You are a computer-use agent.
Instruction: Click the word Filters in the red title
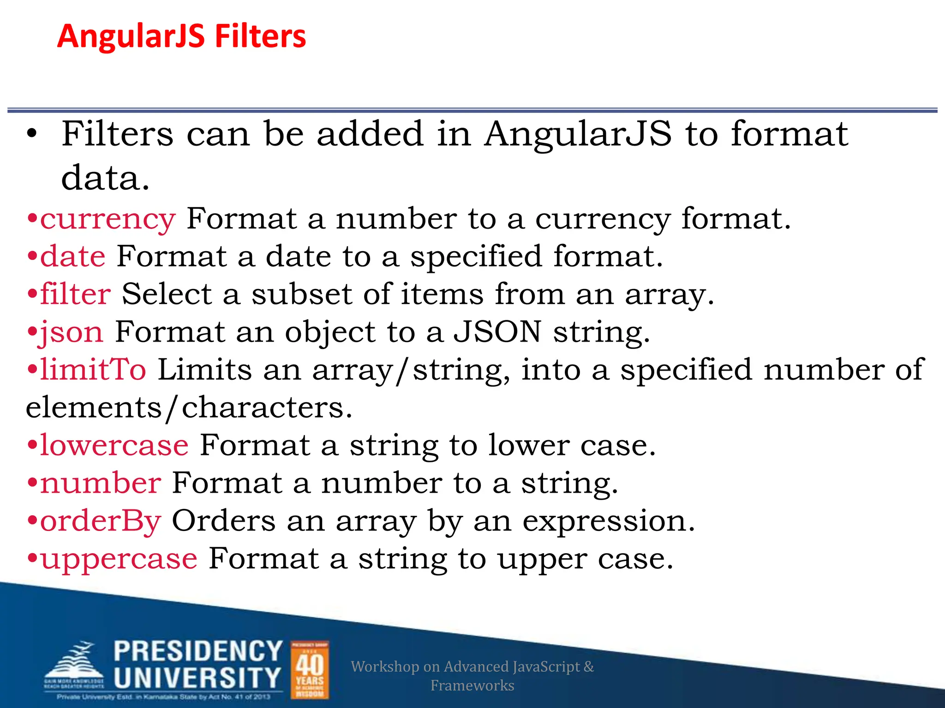click(260, 36)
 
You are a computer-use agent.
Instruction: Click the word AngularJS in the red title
click(131, 36)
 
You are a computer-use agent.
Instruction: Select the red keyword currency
click(108, 219)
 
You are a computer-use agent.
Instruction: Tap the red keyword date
click(73, 256)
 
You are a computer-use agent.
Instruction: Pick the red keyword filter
click(76, 294)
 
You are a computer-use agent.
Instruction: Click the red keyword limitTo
click(93, 370)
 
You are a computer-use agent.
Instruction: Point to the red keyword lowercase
click(114, 445)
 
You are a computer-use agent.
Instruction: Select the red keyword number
click(101, 483)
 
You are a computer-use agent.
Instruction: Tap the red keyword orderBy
click(101, 521)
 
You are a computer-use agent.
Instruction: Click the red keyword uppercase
click(119, 559)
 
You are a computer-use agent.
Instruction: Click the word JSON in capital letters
click(497, 332)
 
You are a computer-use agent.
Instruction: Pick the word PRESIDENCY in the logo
click(198, 651)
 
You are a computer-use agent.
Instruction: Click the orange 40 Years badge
click(310, 670)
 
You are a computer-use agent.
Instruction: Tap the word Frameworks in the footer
click(472, 685)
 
